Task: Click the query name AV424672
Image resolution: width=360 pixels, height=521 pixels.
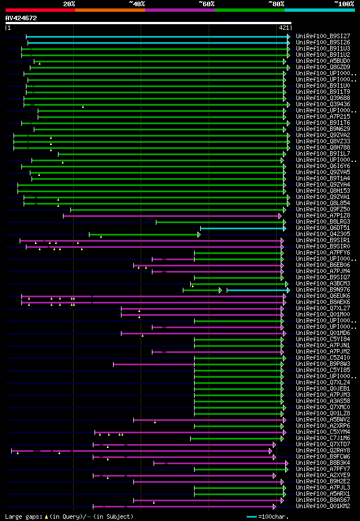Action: pyautogui.click(x=21, y=18)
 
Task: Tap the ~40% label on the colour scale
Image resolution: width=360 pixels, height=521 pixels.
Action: pyautogui.click(x=137, y=4)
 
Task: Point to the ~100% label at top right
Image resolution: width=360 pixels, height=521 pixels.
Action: pyautogui.click(x=344, y=4)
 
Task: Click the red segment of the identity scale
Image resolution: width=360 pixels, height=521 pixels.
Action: pyautogui.click(x=40, y=10)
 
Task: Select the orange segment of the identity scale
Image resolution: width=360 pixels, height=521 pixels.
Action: pyautogui.click(x=110, y=10)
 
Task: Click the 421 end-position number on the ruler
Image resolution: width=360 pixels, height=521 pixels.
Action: pyautogui.click(x=283, y=28)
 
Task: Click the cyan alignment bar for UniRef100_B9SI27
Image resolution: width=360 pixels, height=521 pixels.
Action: pyautogui.click(x=157, y=37)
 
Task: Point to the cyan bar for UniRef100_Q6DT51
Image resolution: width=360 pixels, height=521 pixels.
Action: pyautogui.click(x=242, y=228)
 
